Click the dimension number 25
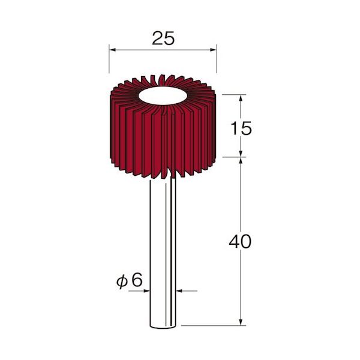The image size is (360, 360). click(x=163, y=38)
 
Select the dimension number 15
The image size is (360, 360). click(x=241, y=128)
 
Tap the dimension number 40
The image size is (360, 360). click(x=240, y=242)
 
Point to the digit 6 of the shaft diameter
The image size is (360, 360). click(x=137, y=280)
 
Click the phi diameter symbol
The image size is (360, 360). click(x=122, y=281)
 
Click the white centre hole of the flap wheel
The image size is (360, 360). click(x=163, y=96)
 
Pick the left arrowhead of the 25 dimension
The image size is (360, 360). click(x=112, y=50)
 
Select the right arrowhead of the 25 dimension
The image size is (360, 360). click(x=213, y=50)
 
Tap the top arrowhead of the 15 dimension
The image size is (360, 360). click(x=241, y=98)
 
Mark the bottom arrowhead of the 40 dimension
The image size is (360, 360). click(x=241, y=322)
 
